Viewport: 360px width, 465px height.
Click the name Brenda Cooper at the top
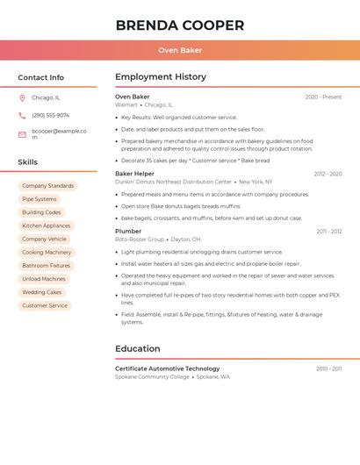pos(180,25)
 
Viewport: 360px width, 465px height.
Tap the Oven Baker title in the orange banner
pos(180,50)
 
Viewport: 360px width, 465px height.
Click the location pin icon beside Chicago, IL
pos(22,98)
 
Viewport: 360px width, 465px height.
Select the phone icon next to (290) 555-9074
pos(22,116)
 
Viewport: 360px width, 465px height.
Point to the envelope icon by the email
pos(22,134)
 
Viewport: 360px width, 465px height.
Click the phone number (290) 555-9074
pos(50,116)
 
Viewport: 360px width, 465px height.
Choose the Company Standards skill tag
pos(47,186)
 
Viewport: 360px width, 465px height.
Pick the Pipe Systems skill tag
pos(40,199)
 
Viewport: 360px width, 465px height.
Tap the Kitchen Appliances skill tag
pos(47,225)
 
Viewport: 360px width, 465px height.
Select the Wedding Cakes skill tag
pos(42,292)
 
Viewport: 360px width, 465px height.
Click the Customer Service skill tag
pos(45,305)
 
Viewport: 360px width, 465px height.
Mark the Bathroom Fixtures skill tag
pos(47,265)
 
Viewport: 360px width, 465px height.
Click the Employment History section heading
pos(161,77)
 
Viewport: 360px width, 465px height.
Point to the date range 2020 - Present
pos(323,97)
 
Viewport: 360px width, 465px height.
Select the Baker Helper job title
pos(134,174)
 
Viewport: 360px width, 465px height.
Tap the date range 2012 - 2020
pos(328,175)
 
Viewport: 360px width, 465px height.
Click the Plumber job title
pos(128,231)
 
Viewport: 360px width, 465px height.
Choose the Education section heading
pos(138,349)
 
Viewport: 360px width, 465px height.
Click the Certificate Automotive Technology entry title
pos(168,368)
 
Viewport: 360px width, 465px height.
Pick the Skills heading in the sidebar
pos(28,162)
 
